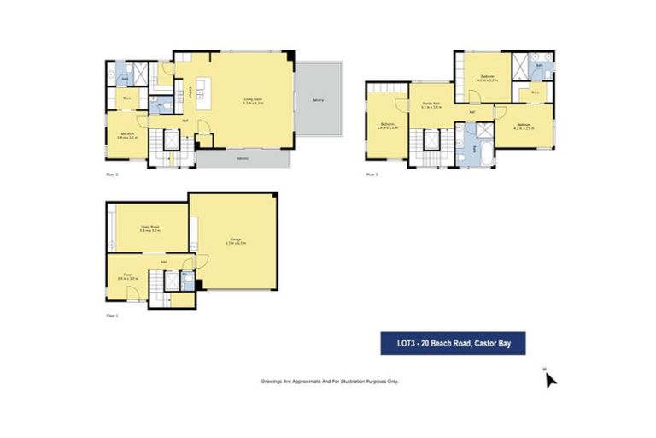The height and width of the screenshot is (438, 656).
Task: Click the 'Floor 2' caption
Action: (111, 174)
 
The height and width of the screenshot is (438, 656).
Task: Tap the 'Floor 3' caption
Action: (372, 174)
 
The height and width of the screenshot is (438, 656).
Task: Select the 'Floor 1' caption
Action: (111, 316)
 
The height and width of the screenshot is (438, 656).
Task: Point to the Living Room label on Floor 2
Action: (254, 101)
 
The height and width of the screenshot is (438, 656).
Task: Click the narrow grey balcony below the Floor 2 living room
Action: (243, 160)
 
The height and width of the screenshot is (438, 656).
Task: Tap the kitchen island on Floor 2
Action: (202, 90)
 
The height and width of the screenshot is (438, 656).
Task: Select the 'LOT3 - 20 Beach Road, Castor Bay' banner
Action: (452, 344)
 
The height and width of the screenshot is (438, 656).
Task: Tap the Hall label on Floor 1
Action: (163, 262)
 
